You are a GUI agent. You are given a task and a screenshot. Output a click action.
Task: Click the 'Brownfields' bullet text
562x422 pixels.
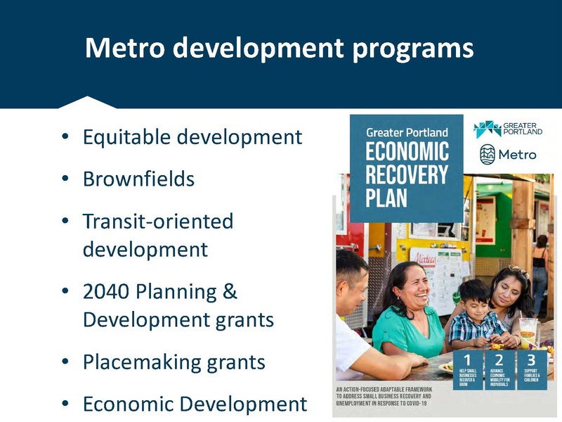138,179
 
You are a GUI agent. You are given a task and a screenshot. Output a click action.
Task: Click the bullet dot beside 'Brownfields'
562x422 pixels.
65,179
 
